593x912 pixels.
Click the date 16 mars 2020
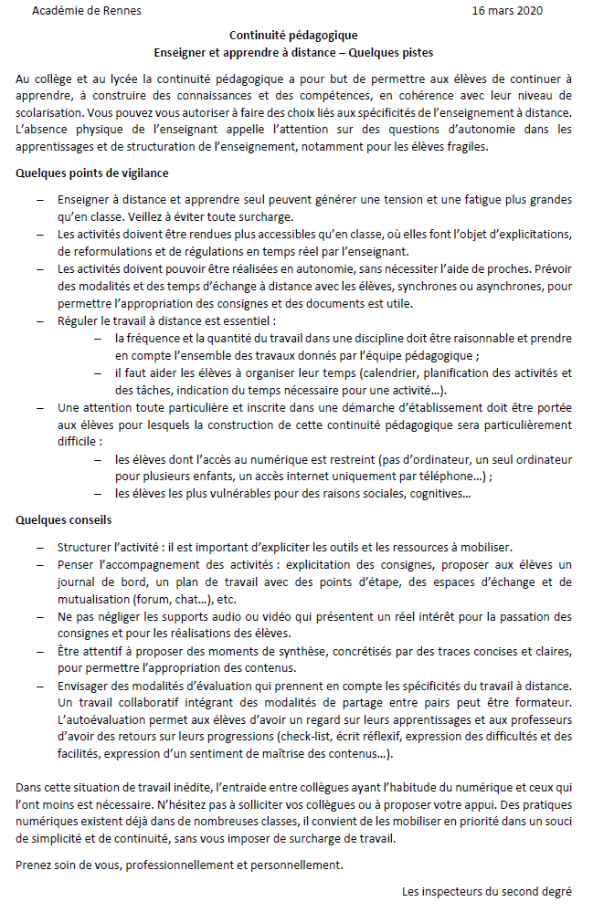[x=507, y=12]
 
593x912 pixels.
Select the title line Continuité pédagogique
[x=293, y=36]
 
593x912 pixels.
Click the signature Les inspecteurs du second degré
[x=487, y=891]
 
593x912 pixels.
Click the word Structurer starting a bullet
[x=85, y=547]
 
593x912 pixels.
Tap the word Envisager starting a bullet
[x=85, y=686]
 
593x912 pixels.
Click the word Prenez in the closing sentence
[x=35, y=865]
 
